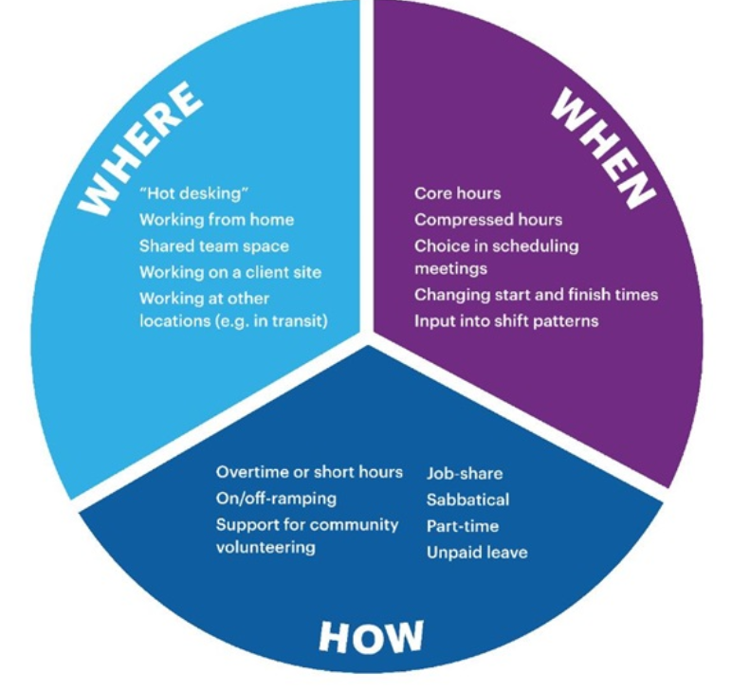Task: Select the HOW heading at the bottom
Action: [x=371, y=637]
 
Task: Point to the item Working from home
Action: [x=216, y=220]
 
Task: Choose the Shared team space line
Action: [x=214, y=246]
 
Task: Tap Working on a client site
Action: [x=230, y=272]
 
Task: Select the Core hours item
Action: [x=457, y=193]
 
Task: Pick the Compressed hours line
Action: [x=488, y=220]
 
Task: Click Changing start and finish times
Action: [x=536, y=295]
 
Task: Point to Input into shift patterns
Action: [x=506, y=320]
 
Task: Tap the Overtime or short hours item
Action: [x=309, y=472]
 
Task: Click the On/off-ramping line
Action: [x=276, y=499]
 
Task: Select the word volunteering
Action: [x=265, y=548]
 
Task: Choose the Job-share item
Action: [x=465, y=473]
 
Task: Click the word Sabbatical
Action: [x=467, y=500]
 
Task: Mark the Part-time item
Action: [x=462, y=526]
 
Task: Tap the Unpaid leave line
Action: [x=477, y=553]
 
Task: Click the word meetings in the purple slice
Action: [x=450, y=269]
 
